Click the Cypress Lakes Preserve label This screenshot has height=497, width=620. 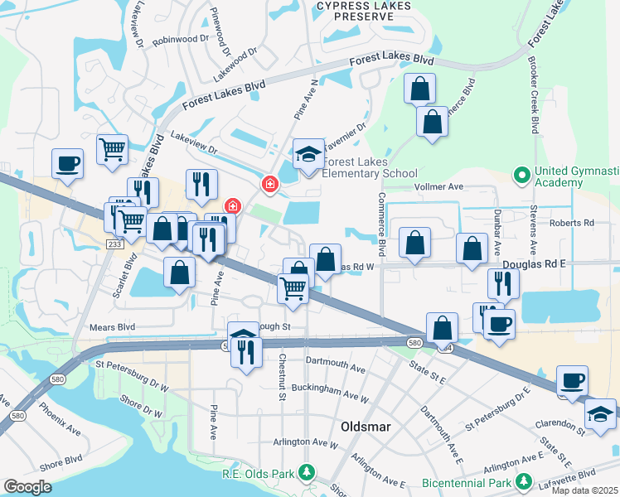(x=364, y=11)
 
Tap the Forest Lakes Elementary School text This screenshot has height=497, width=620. (x=369, y=167)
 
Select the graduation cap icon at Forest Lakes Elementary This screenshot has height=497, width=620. (x=309, y=154)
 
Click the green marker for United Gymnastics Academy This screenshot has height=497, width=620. (x=521, y=175)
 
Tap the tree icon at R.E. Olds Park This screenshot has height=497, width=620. (x=308, y=473)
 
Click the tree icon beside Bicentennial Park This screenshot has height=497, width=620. (x=522, y=480)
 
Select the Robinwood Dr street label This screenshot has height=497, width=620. (x=179, y=38)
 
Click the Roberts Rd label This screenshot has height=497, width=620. (x=571, y=223)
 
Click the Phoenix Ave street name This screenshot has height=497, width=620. (x=61, y=419)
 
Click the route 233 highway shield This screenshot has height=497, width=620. (x=114, y=243)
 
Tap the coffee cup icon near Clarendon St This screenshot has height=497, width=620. (x=572, y=381)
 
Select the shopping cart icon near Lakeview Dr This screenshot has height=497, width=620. (x=112, y=150)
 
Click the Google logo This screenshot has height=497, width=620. (x=27, y=486)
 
